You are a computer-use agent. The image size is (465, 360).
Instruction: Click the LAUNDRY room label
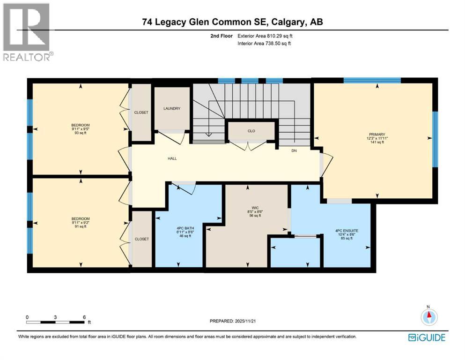tap(172, 109)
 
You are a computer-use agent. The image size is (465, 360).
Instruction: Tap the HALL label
tap(172, 158)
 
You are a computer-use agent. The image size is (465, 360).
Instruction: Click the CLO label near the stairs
tap(251, 131)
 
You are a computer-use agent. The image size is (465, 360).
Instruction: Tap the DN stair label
tap(294, 150)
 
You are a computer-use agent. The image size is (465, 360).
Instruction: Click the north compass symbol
tap(428, 316)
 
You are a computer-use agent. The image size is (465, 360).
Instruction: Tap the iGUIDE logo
tap(426, 337)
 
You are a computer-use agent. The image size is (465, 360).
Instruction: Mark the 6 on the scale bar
tap(84, 317)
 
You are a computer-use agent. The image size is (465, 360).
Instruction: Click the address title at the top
tap(232, 22)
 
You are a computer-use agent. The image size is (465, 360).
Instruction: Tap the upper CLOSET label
tap(141, 112)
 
